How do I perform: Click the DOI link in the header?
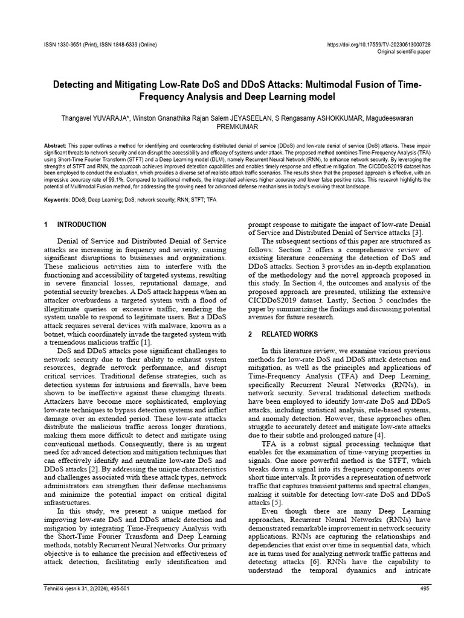tap(378, 45)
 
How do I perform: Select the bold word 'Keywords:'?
tap(58, 199)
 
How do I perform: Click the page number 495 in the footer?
tap(424, 589)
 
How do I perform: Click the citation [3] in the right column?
tap(417, 233)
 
